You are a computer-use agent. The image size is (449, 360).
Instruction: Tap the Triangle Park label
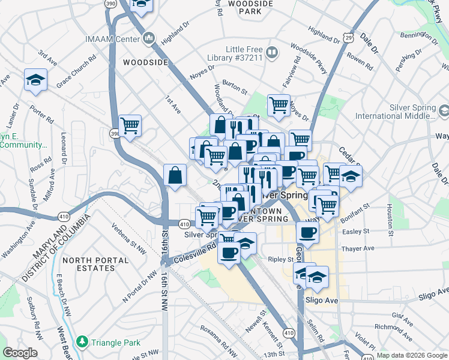pos(116,343)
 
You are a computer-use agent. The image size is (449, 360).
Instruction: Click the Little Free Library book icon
pos(271,53)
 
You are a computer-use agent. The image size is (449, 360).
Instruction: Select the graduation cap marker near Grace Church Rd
pos(36,80)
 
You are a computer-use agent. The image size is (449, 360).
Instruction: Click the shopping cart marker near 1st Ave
pos(130,125)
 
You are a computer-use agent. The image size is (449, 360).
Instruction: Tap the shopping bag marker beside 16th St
pos(175,176)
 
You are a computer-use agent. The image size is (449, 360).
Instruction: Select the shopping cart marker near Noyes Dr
pos(279,106)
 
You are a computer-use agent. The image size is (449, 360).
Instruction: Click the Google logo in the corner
pos(20,352)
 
